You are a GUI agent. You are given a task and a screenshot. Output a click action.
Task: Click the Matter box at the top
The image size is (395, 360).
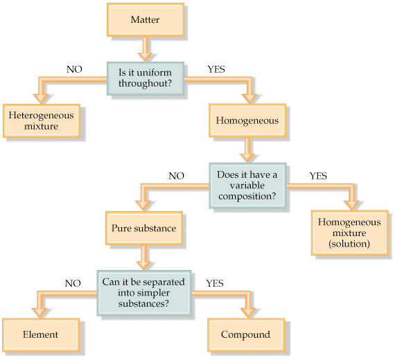tap(146, 19)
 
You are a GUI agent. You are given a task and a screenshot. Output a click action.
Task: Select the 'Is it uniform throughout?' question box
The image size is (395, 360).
tap(146, 78)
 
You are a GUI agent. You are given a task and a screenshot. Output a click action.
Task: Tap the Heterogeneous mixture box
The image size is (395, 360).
tap(42, 120)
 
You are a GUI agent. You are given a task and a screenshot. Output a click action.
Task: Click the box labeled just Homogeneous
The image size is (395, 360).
tap(247, 120)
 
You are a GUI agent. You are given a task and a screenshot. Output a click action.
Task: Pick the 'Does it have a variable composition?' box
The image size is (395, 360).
tap(247, 186)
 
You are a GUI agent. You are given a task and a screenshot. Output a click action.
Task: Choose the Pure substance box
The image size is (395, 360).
tap(144, 228)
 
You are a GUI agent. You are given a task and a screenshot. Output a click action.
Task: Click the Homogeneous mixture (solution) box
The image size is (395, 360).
tap(350, 233)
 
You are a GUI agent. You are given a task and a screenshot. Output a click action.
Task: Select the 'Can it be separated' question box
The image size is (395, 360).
tap(144, 293)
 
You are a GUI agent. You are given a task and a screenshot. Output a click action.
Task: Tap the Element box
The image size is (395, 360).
tap(41, 335)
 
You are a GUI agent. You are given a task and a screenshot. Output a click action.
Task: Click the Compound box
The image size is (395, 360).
tap(246, 335)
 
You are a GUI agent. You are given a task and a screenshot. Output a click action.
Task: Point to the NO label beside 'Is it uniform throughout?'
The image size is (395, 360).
tap(74, 69)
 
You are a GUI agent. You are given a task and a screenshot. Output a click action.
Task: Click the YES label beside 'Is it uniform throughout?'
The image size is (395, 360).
tap(216, 69)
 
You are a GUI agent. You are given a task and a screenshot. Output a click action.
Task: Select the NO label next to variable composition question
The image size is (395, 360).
tap(176, 176)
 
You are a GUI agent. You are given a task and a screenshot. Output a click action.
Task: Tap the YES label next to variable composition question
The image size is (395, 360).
tap(318, 176)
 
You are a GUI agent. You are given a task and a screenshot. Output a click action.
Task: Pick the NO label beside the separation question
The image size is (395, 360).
tap(73, 283)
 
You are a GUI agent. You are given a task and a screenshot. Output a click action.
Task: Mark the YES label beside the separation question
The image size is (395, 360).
tap(215, 283)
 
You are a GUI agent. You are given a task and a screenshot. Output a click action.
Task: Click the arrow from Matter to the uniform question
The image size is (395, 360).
tap(146, 49)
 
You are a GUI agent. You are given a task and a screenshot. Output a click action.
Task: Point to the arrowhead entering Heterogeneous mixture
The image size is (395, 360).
tap(41, 98)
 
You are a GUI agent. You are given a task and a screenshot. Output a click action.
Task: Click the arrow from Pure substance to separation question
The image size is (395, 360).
tap(144, 258)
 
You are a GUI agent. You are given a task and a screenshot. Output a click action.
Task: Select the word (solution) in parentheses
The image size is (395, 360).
tap(349, 244)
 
